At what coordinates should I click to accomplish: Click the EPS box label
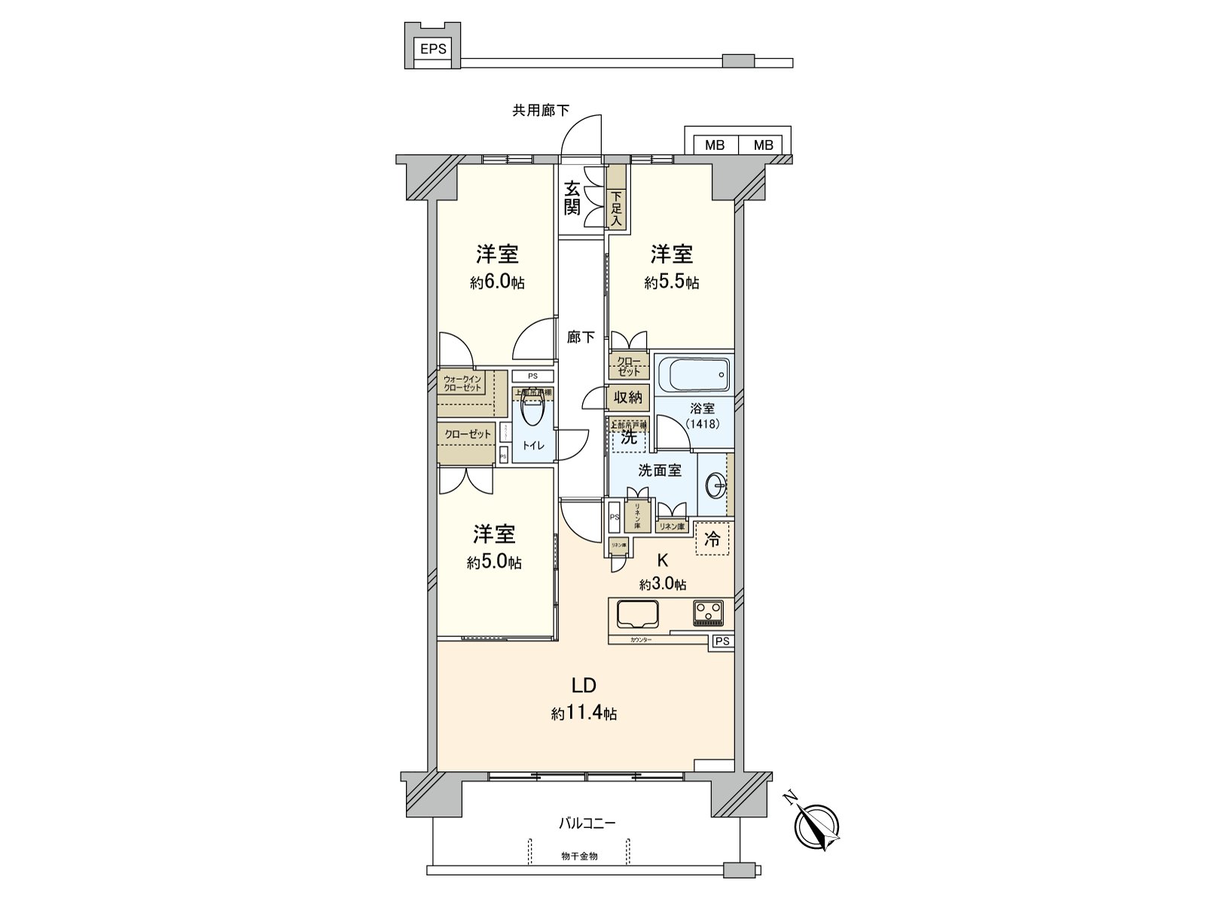[x=433, y=50]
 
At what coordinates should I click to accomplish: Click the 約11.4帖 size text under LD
[x=584, y=713]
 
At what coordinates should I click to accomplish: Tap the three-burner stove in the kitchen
[x=708, y=611]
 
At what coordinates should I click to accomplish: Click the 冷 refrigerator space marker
[x=712, y=539]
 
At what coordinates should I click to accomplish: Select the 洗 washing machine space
[x=628, y=437]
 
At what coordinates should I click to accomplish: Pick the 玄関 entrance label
[x=573, y=198]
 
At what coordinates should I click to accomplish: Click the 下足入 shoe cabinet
[x=617, y=208]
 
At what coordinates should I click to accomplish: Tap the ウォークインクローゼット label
[x=462, y=383]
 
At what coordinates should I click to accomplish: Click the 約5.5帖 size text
[x=671, y=282]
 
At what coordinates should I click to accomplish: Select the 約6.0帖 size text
[x=497, y=282]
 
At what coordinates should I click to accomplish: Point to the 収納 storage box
[x=627, y=397]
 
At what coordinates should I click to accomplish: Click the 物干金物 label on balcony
[x=579, y=857]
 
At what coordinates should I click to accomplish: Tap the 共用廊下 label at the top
[x=540, y=111]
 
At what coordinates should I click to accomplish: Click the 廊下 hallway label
[x=581, y=337]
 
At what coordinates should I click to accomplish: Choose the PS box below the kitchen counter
[x=722, y=641]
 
